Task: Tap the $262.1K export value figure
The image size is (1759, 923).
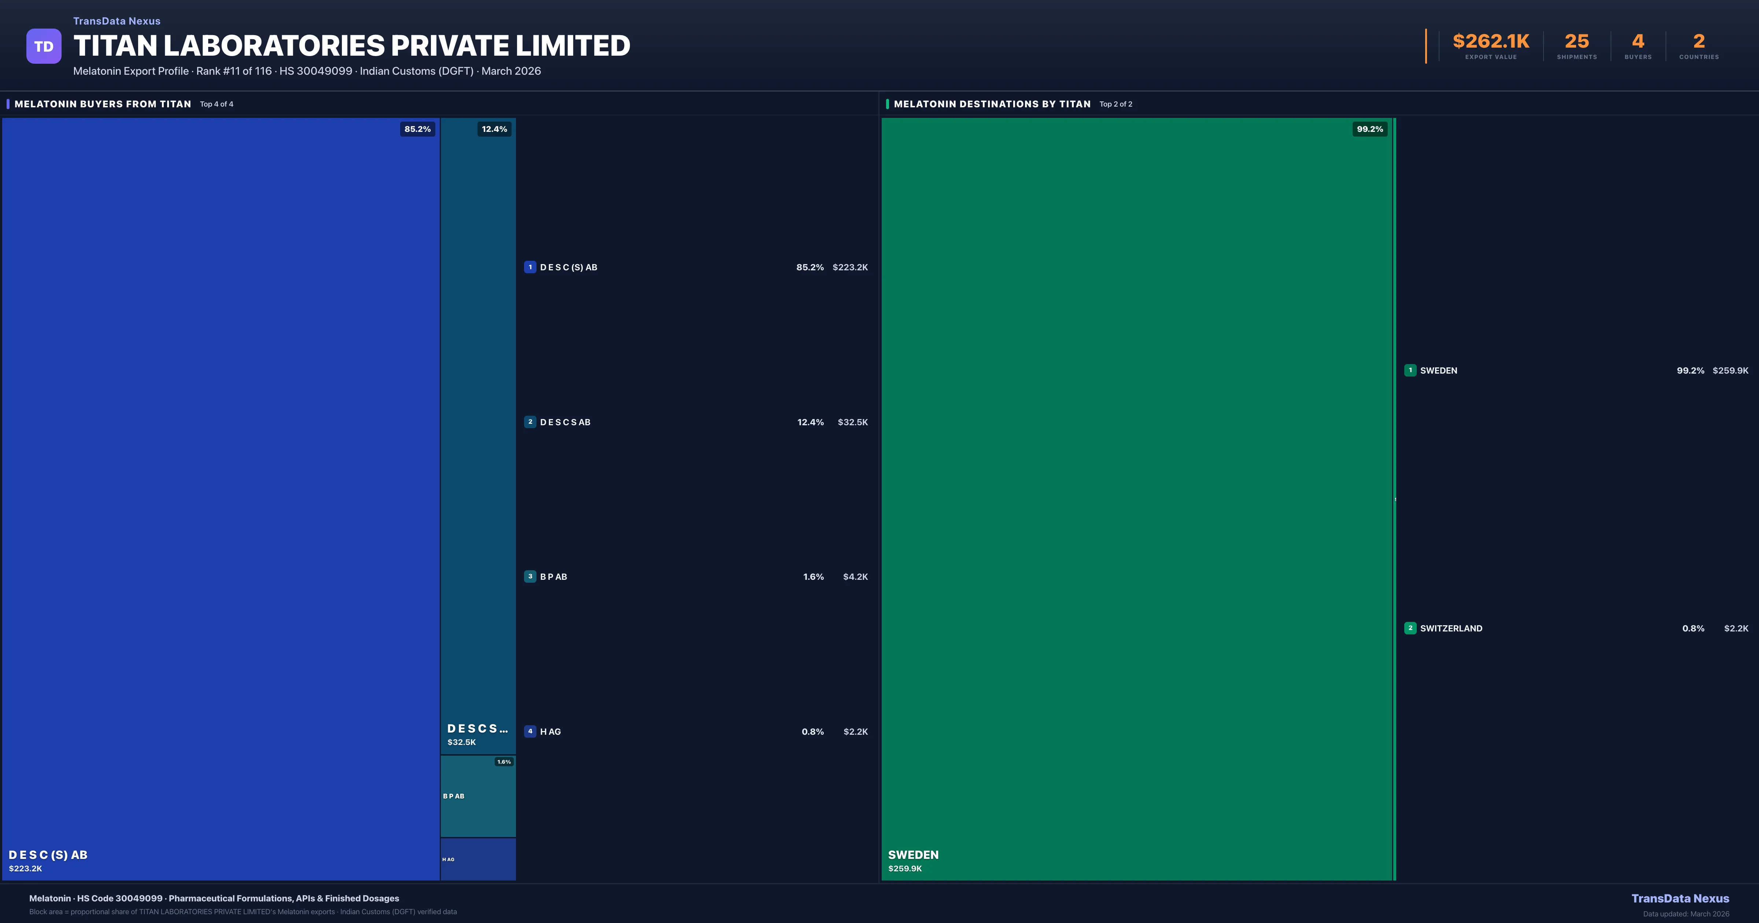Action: pos(1491,42)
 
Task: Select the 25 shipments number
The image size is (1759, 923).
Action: pos(1577,42)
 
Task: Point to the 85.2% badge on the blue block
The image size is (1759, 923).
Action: pos(417,129)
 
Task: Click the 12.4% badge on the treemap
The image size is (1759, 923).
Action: pos(494,129)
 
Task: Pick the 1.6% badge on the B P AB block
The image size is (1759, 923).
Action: pos(504,762)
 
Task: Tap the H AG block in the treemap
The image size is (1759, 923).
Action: pos(478,860)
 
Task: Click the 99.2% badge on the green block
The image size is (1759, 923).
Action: pos(1370,129)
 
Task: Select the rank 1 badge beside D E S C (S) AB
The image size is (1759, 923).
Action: pos(530,267)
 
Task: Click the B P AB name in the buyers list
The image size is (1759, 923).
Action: pos(553,577)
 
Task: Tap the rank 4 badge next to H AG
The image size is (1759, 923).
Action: pos(530,731)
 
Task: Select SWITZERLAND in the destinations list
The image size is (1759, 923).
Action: pos(1451,628)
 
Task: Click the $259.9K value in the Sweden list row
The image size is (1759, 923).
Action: pos(1730,371)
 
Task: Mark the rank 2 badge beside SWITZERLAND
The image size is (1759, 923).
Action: pos(1410,628)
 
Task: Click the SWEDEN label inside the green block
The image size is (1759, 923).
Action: pos(913,855)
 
